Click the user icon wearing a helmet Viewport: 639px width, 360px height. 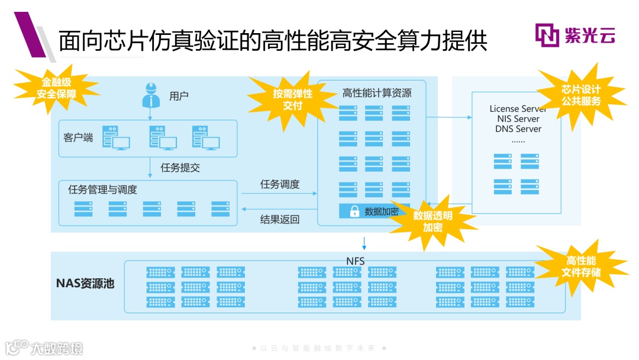coord(151,95)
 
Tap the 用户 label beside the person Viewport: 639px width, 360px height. coord(179,96)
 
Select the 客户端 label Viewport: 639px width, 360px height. coord(78,137)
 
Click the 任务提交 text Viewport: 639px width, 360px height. coord(180,168)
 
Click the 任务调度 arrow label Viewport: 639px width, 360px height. coord(280,184)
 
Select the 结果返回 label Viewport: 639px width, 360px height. coord(280,220)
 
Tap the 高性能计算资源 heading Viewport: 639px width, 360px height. coord(376,93)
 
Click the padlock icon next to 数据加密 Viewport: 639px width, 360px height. coord(354,211)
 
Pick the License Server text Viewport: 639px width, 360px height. coord(518,109)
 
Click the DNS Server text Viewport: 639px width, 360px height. coord(518,128)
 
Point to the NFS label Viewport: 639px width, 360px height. coord(356,261)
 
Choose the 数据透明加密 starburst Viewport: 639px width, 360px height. coord(433,221)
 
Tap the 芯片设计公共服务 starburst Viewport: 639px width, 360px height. coord(581,95)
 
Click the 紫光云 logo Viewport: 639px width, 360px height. coord(575,35)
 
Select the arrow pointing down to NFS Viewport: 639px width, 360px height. coord(364,243)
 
